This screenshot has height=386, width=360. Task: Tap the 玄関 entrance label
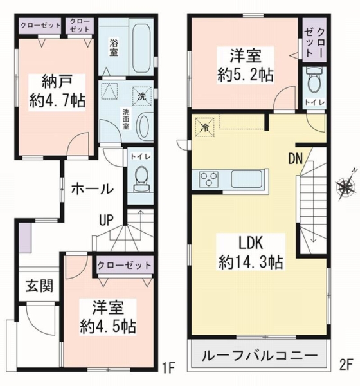[x=33, y=285]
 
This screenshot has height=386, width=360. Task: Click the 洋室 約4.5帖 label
[x=107, y=316]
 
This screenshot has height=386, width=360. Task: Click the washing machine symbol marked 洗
[x=141, y=95]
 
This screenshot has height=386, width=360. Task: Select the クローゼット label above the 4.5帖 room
[x=125, y=264]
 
